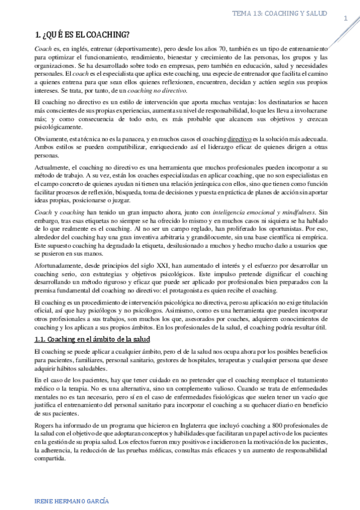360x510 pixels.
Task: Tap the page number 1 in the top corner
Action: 346,19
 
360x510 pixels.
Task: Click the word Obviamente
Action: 52,138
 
